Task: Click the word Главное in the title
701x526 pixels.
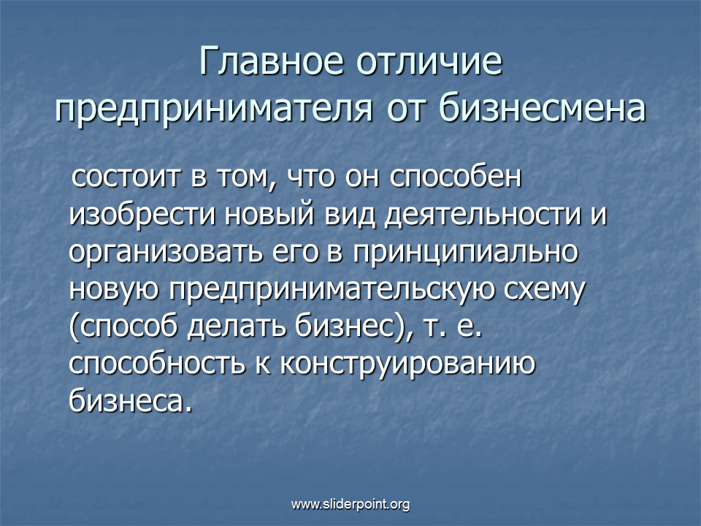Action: (x=272, y=61)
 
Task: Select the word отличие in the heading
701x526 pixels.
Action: (x=429, y=61)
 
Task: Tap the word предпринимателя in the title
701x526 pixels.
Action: (x=214, y=109)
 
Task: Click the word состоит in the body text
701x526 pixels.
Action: (x=126, y=177)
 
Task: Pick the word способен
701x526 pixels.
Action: (x=456, y=176)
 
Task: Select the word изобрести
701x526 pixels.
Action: (x=142, y=215)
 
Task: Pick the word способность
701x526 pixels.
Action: (x=157, y=363)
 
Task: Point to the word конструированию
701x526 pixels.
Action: (x=407, y=363)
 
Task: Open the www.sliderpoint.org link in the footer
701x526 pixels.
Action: (x=350, y=505)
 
